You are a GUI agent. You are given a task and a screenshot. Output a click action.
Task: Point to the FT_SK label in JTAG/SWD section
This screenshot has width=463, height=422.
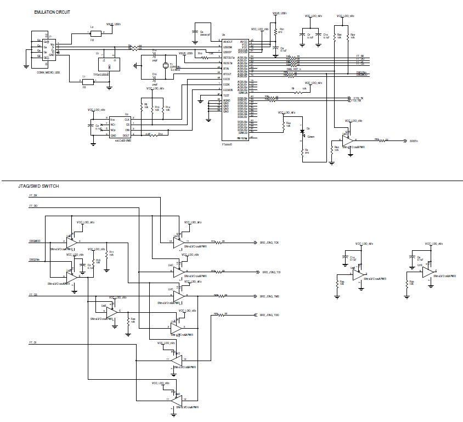33,195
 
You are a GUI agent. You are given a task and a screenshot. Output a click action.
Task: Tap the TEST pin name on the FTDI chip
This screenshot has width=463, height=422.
226,95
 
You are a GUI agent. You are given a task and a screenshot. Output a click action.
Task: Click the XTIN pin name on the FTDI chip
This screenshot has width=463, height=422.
226,68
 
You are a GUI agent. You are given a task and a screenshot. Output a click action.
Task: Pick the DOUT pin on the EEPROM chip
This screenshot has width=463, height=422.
126,135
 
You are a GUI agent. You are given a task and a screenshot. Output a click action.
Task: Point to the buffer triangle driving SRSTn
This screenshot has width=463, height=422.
347,140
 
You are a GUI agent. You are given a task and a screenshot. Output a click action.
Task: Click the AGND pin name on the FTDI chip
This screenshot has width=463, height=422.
227,100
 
